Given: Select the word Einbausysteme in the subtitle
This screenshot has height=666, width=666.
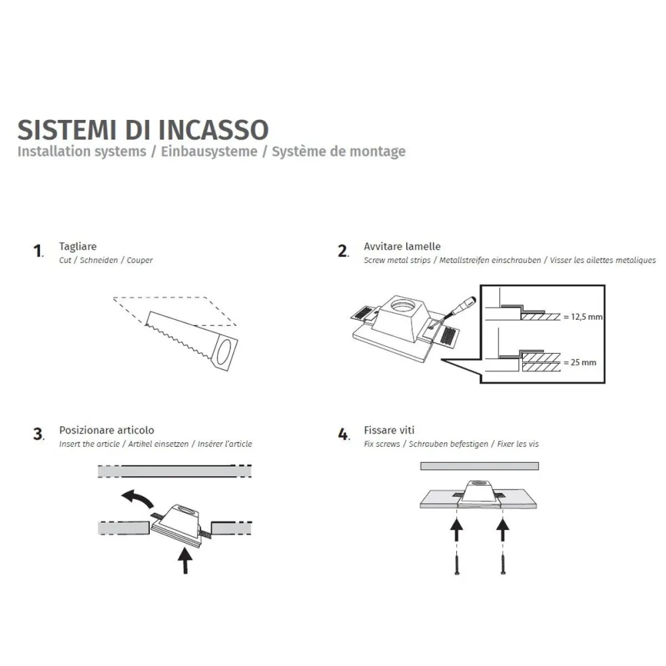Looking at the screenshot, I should pyautogui.click(x=209, y=152).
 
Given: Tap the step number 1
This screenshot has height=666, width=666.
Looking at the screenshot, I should pyautogui.click(x=37, y=251).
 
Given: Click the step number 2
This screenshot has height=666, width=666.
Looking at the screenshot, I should pyautogui.click(x=342, y=251).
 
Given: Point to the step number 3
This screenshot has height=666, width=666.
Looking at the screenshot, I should pyautogui.click(x=37, y=435).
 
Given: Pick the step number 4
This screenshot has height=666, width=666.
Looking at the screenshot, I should pyautogui.click(x=342, y=435).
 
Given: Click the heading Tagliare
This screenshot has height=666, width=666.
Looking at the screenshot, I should pyautogui.click(x=77, y=247).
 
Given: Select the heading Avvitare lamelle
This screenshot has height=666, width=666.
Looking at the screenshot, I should pyautogui.click(x=402, y=247).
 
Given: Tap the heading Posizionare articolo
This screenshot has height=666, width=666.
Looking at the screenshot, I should pyautogui.click(x=107, y=431).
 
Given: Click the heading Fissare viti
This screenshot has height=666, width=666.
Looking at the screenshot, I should pyautogui.click(x=390, y=431).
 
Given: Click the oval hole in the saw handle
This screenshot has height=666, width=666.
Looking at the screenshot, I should pyautogui.click(x=226, y=351).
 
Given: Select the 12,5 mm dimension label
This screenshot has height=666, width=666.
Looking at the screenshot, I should pyautogui.click(x=583, y=317).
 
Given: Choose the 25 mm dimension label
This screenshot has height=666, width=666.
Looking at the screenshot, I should pyautogui.click(x=579, y=363).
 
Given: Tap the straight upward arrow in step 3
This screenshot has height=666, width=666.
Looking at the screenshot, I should pyautogui.click(x=185, y=559).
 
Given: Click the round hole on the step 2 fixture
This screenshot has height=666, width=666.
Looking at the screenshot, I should pyautogui.click(x=402, y=307).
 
